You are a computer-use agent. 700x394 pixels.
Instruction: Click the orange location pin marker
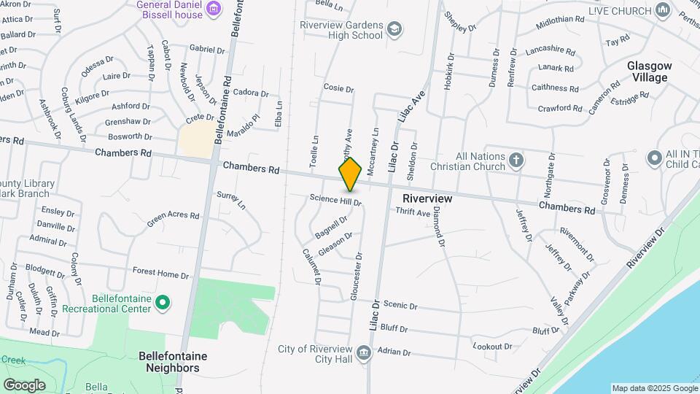[x=350, y=174]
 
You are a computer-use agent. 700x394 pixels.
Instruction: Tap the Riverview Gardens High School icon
[x=394, y=29]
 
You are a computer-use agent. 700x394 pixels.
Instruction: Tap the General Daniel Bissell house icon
[x=213, y=9]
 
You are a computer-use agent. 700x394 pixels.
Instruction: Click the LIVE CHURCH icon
[x=663, y=9]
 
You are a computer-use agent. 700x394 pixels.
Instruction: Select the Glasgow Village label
[x=649, y=72]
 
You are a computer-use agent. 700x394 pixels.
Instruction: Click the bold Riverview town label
[x=427, y=198]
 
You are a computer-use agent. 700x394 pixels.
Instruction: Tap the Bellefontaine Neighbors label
[x=173, y=362]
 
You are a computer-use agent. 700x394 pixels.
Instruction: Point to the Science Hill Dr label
[x=335, y=198]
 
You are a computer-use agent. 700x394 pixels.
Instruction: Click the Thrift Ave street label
[x=413, y=212]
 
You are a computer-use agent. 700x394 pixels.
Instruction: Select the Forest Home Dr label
[x=160, y=272]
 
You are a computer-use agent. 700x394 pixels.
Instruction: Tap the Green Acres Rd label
[x=173, y=217]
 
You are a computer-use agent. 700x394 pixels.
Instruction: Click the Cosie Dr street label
[x=338, y=88]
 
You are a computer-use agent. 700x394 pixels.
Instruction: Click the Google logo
[x=24, y=385]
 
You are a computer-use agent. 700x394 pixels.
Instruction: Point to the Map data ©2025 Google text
[x=654, y=388]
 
